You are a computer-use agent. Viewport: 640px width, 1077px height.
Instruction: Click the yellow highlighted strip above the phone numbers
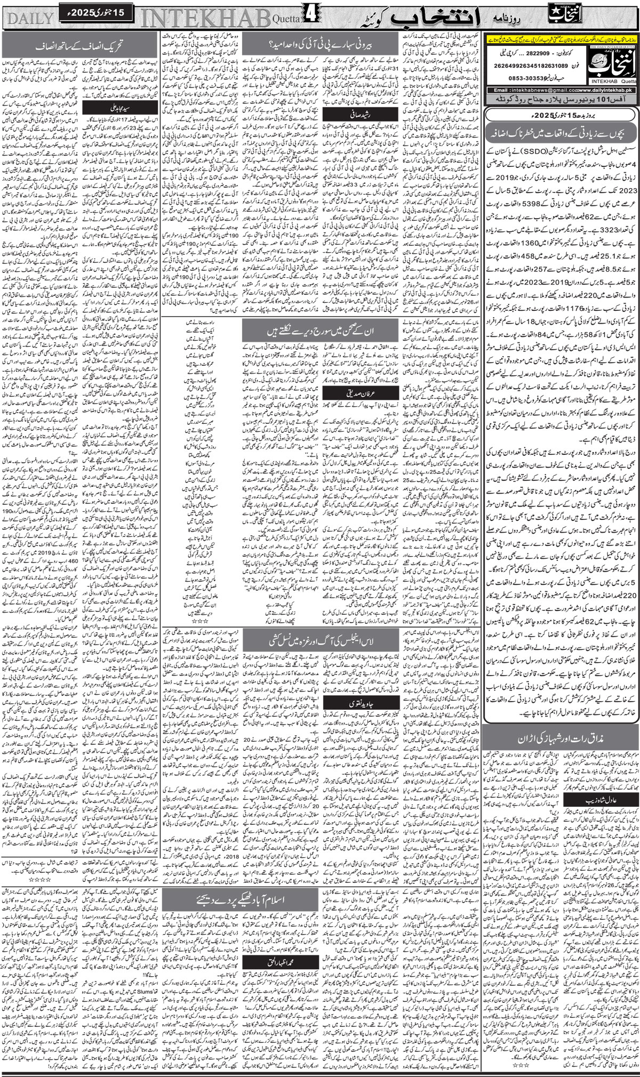560,38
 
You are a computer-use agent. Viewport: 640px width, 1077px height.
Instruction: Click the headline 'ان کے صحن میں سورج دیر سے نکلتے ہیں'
320,331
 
